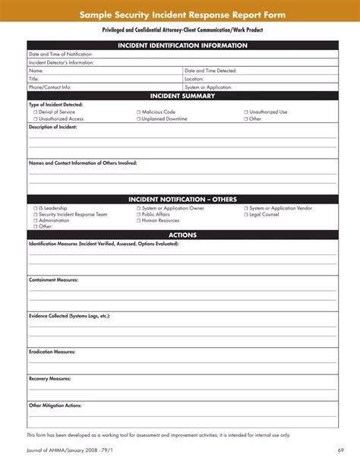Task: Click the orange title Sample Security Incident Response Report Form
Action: point(182,14)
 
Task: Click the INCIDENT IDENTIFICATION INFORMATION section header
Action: point(182,46)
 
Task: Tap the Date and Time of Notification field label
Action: point(61,54)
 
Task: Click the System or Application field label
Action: point(208,87)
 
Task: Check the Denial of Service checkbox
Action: point(34,112)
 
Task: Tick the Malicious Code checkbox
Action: point(140,112)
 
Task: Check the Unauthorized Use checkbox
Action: point(246,112)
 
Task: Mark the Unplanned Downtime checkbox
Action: point(140,118)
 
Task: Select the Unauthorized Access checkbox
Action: point(34,118)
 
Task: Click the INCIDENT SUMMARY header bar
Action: point(182,96)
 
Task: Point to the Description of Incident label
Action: point(52,127)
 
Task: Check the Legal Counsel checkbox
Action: point(246,214)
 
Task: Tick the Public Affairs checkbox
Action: point(140,214)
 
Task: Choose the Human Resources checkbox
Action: point(140,220)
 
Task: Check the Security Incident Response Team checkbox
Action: point(34,214)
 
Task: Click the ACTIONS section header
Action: point(182,235)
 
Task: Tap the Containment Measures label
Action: point(53,279)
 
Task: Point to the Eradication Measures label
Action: point(52,352)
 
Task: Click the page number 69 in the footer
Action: point(341,456)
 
